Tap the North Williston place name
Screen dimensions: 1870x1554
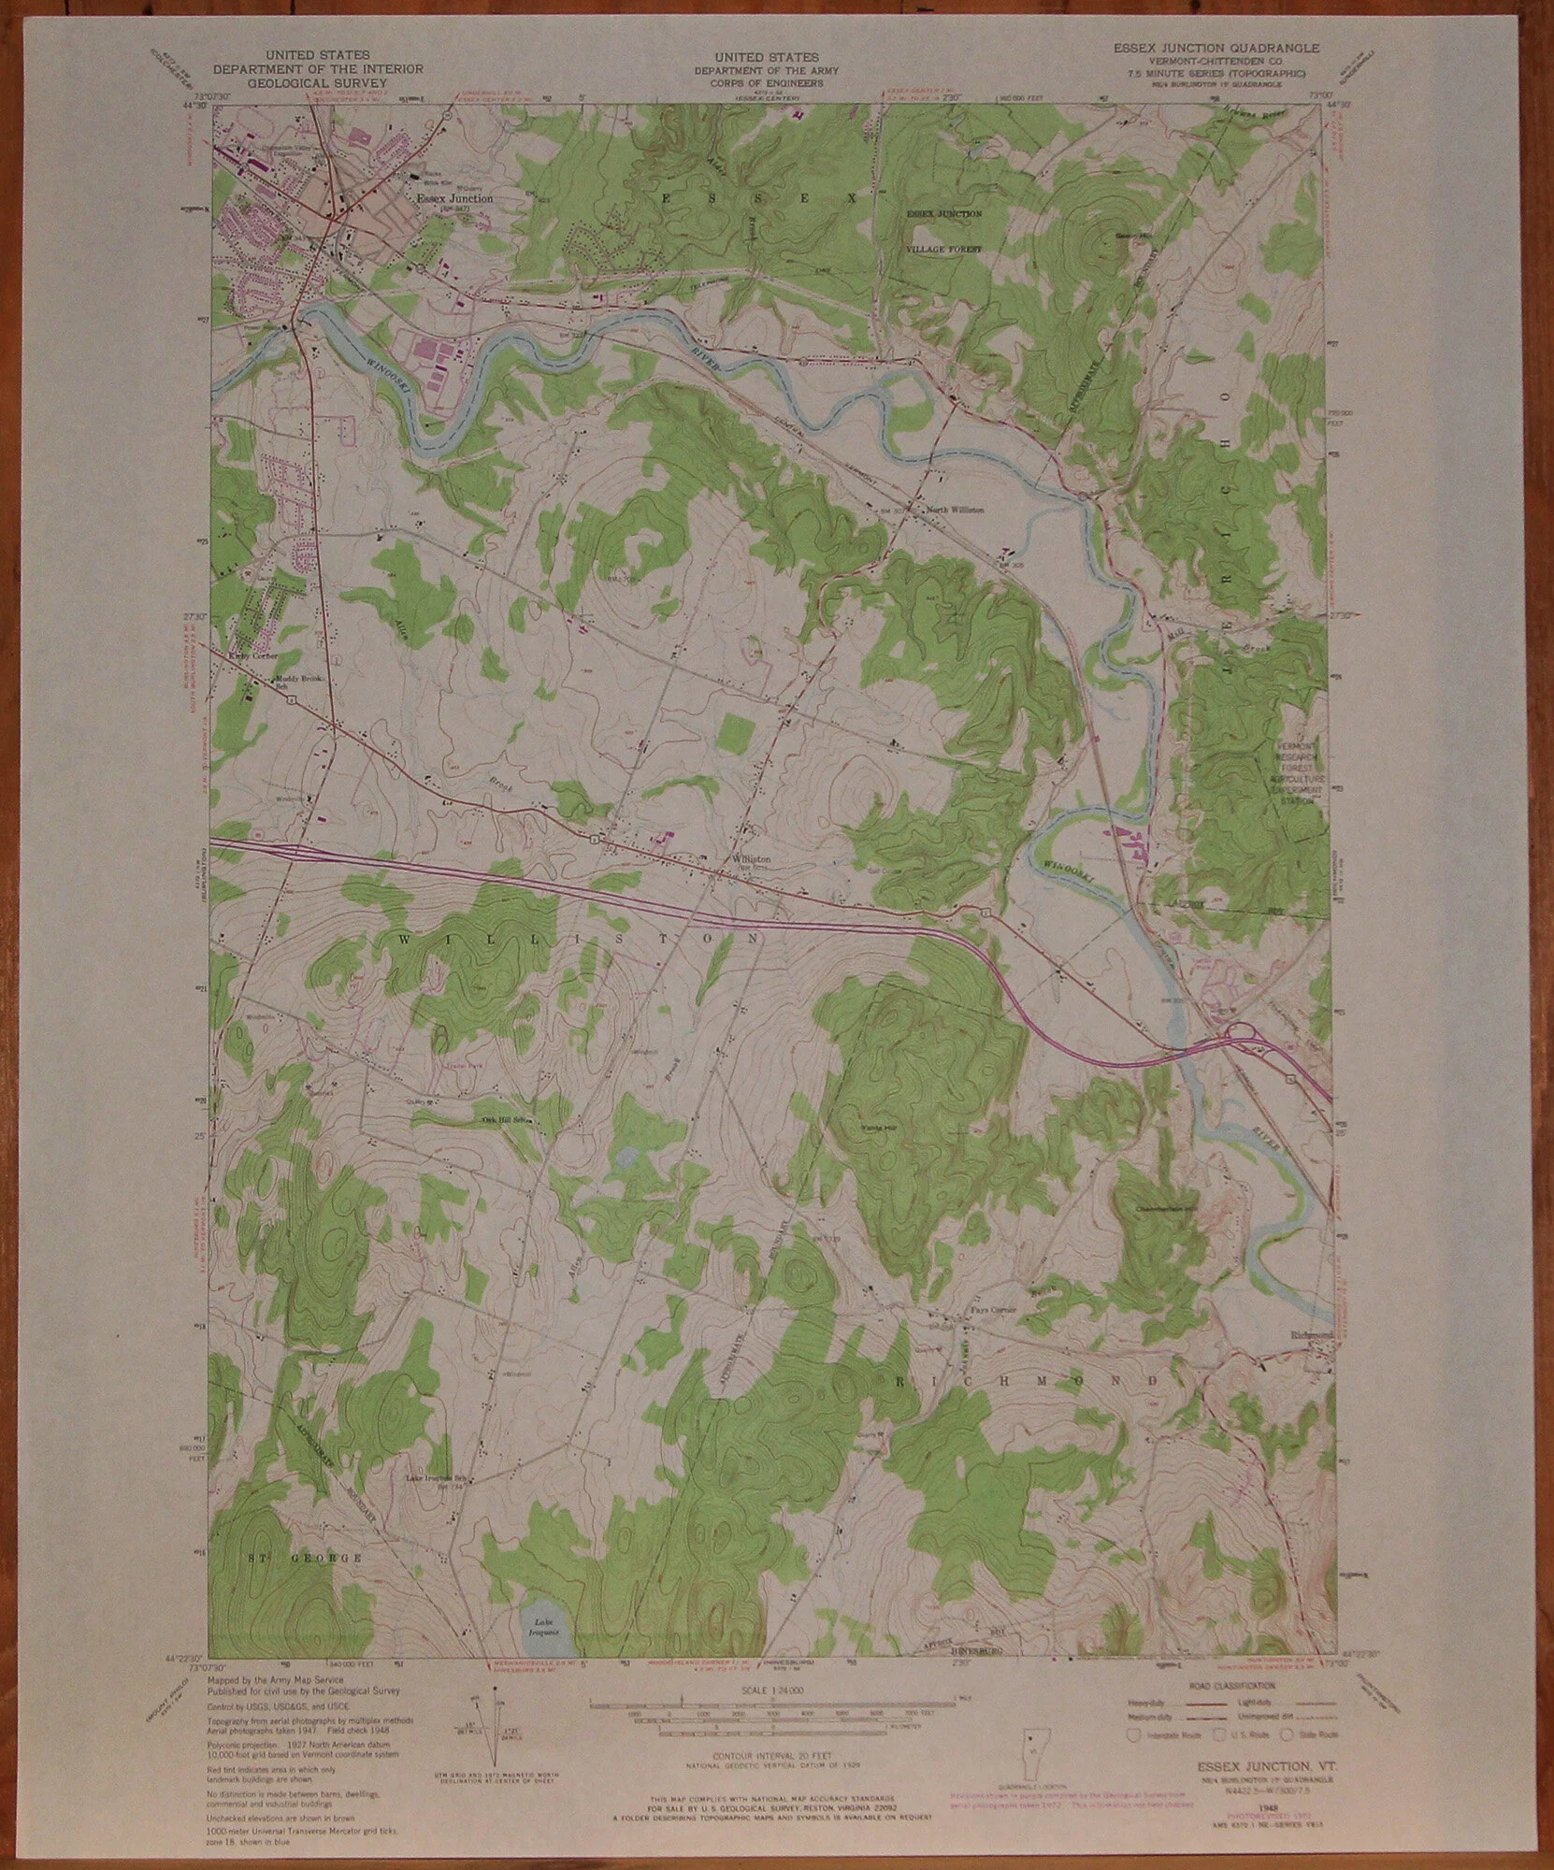click(954, 511)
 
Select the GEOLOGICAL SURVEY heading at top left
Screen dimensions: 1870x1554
click(317, 82)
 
